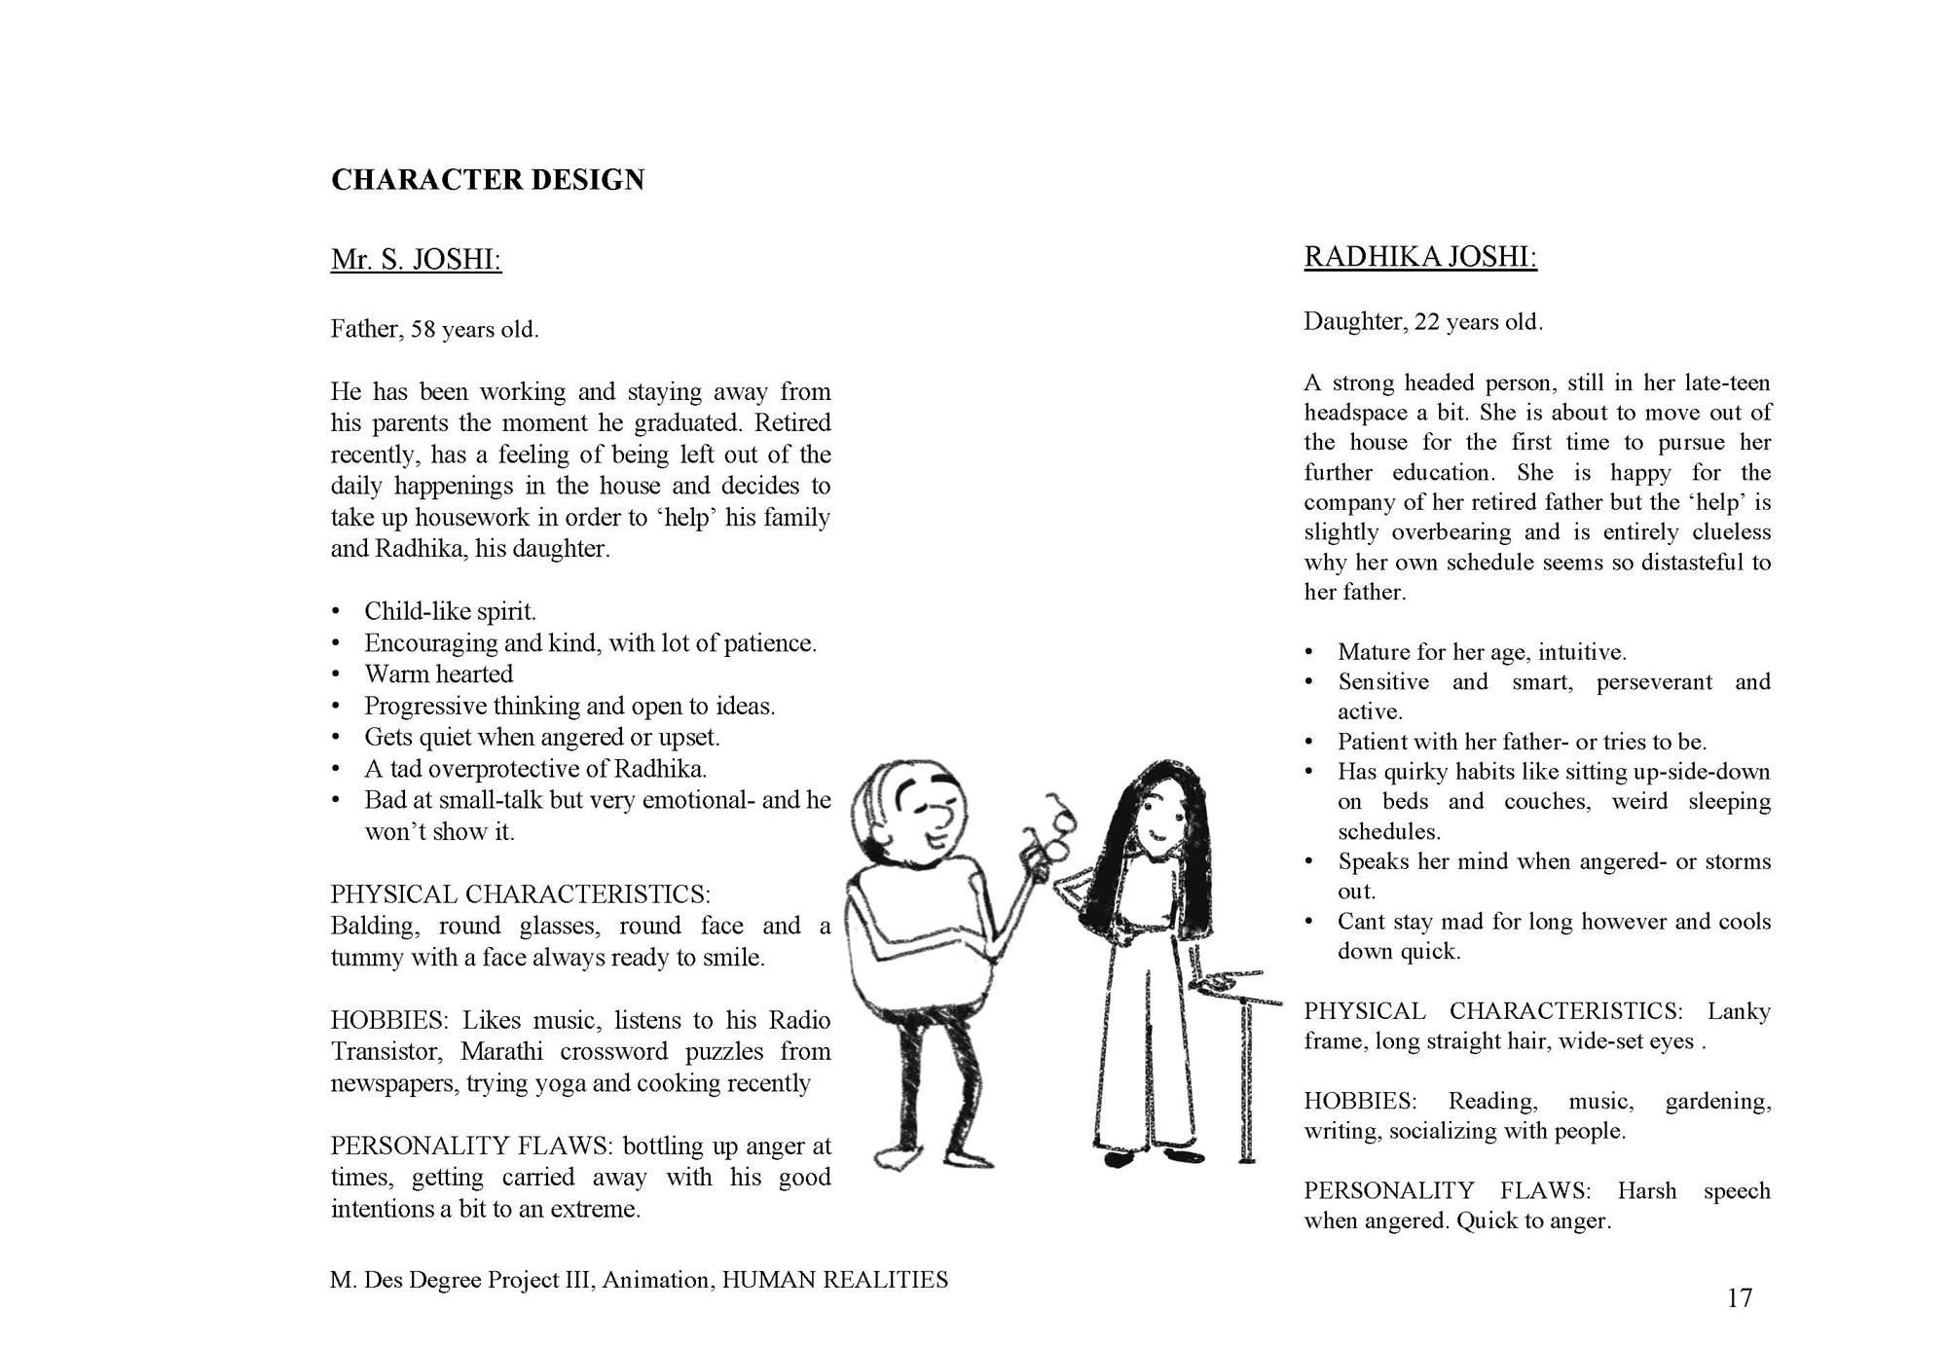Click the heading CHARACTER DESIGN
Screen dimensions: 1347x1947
tap(488, 180)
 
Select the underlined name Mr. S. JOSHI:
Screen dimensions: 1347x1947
tap(416, 260)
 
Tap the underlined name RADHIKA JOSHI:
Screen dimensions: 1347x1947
tap(1420, 257)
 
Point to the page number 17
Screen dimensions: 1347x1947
tap(1739, 1298)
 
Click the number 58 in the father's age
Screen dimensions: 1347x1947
tap(422, 330)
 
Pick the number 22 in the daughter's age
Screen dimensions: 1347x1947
tap(1427, 322)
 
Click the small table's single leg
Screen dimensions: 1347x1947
tap(1245, 1080)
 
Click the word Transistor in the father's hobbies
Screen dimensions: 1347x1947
tap(386, 1052)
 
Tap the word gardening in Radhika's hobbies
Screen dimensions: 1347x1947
tap(1717, 1102)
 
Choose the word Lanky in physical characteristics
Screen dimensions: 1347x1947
tap(1739, 1011)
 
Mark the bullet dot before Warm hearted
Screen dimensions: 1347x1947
tap(336, 674)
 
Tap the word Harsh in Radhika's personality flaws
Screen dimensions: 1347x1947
tap(1647, 1191)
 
